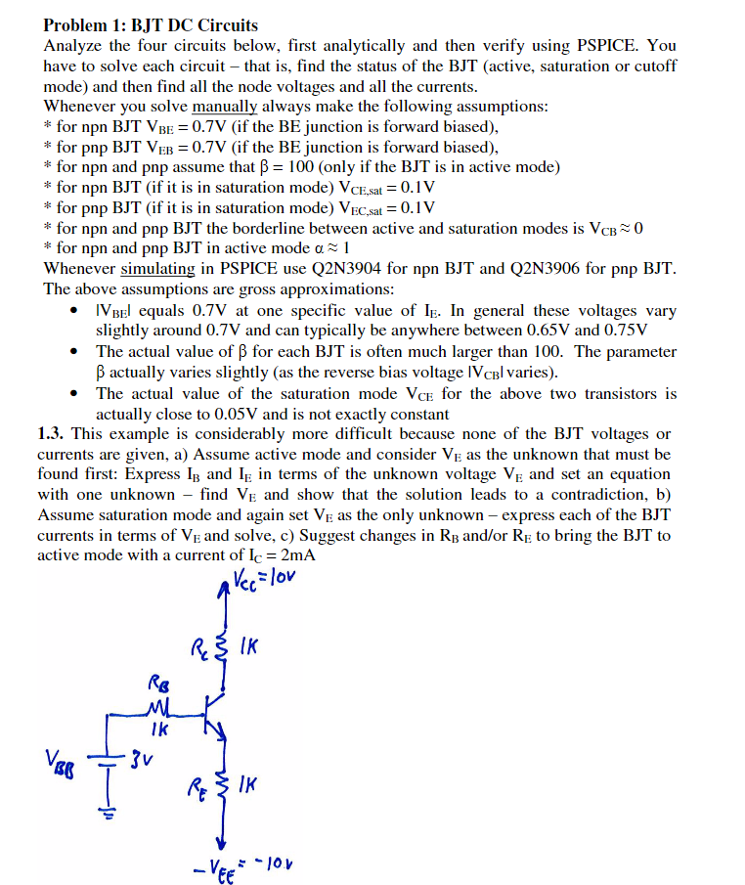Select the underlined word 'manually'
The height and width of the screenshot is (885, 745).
point(224,106)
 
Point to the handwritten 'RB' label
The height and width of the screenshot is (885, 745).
point(158,681)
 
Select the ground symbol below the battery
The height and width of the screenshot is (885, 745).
point(108,809)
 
